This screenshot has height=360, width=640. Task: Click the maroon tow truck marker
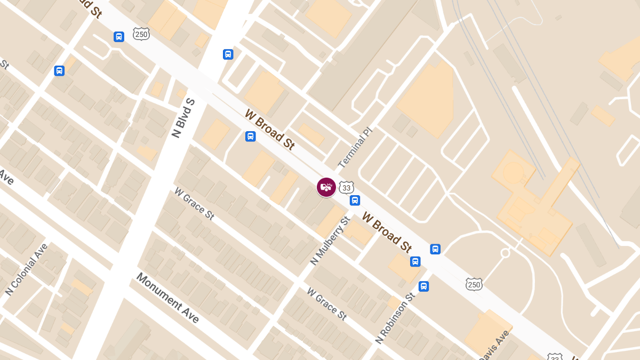(x=326, y=187)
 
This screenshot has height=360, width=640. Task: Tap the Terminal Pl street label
(x=355, y=147)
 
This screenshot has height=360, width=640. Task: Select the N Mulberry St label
(x=330, y=240)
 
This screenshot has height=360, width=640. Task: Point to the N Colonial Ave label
(x=27, y=269)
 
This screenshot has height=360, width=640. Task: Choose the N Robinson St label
(x=395, y=318)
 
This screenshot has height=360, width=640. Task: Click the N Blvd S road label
(x=183, y=118)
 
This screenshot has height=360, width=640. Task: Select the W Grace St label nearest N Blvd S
(x=194, y=203)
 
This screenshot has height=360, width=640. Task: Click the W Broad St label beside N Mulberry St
(x=387, y=232)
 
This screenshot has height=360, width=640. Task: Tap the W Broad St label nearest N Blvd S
(x=270, y=129)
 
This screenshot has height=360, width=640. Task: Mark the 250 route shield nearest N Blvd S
(x=141, y=34)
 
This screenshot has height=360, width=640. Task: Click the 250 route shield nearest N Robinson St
(x=474, y=284)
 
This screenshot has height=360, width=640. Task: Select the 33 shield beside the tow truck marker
(x=346, y=188)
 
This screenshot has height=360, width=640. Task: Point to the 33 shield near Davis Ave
(x=555, y=356)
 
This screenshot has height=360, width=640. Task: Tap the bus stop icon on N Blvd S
(x=228, y=54)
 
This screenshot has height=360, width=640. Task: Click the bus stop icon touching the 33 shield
(x=355, y=201)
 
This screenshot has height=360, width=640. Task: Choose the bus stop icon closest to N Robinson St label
(x=423, y=286)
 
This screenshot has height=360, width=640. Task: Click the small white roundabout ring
(x=505, y=253)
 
